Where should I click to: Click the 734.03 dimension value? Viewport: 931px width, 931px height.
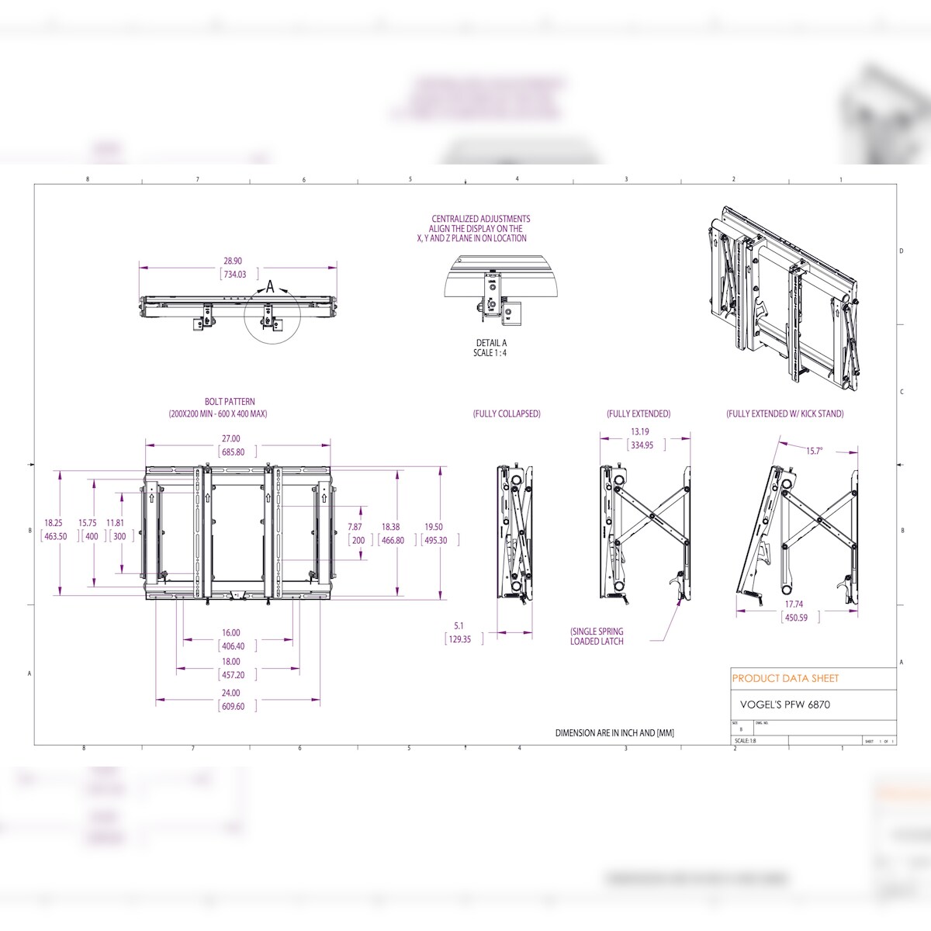pyautogui.click(x=234, y=274)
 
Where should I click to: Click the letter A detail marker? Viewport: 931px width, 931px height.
pyautogui.click(x=270, y=287)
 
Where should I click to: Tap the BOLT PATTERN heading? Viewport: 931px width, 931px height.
pyautogui.click(x=230, y=402)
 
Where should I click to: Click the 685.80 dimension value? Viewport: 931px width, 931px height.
pyautogui.click(x=233, y=452)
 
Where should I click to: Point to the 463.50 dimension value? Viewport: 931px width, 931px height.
pyautogui.click(x=55, y=536)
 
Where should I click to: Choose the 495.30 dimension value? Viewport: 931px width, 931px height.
pyautogui.click(x=435, y=540)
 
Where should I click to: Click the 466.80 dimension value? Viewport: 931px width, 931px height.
pyautogui.click(x=393, y=540)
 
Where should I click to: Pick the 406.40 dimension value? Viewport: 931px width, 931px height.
pyautogui.click(x=233, y=646)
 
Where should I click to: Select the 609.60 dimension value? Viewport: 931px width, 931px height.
pyautogui.click(x=233, y=706)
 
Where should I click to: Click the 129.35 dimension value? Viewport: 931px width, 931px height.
pyautogui.click(x=459, y=639)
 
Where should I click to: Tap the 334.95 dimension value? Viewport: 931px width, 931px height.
pyautogui.click(x=642, y=445)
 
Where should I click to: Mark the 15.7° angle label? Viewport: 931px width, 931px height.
pyautogui.click(x=814, y=451)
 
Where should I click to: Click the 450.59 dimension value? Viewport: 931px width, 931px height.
pyautogui.click(x=796, y=618)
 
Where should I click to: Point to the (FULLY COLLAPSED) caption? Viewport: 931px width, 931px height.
pyautogui.click(x=507, y=414)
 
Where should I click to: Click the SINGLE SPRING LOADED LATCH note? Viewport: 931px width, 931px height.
pyautogui.click(x=597, y=636)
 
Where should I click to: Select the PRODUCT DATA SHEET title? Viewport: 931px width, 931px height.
pyautogui.click(x=785, y=678)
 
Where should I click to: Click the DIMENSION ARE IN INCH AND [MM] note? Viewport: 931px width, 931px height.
pyautogui.click(x=614, y=732)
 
